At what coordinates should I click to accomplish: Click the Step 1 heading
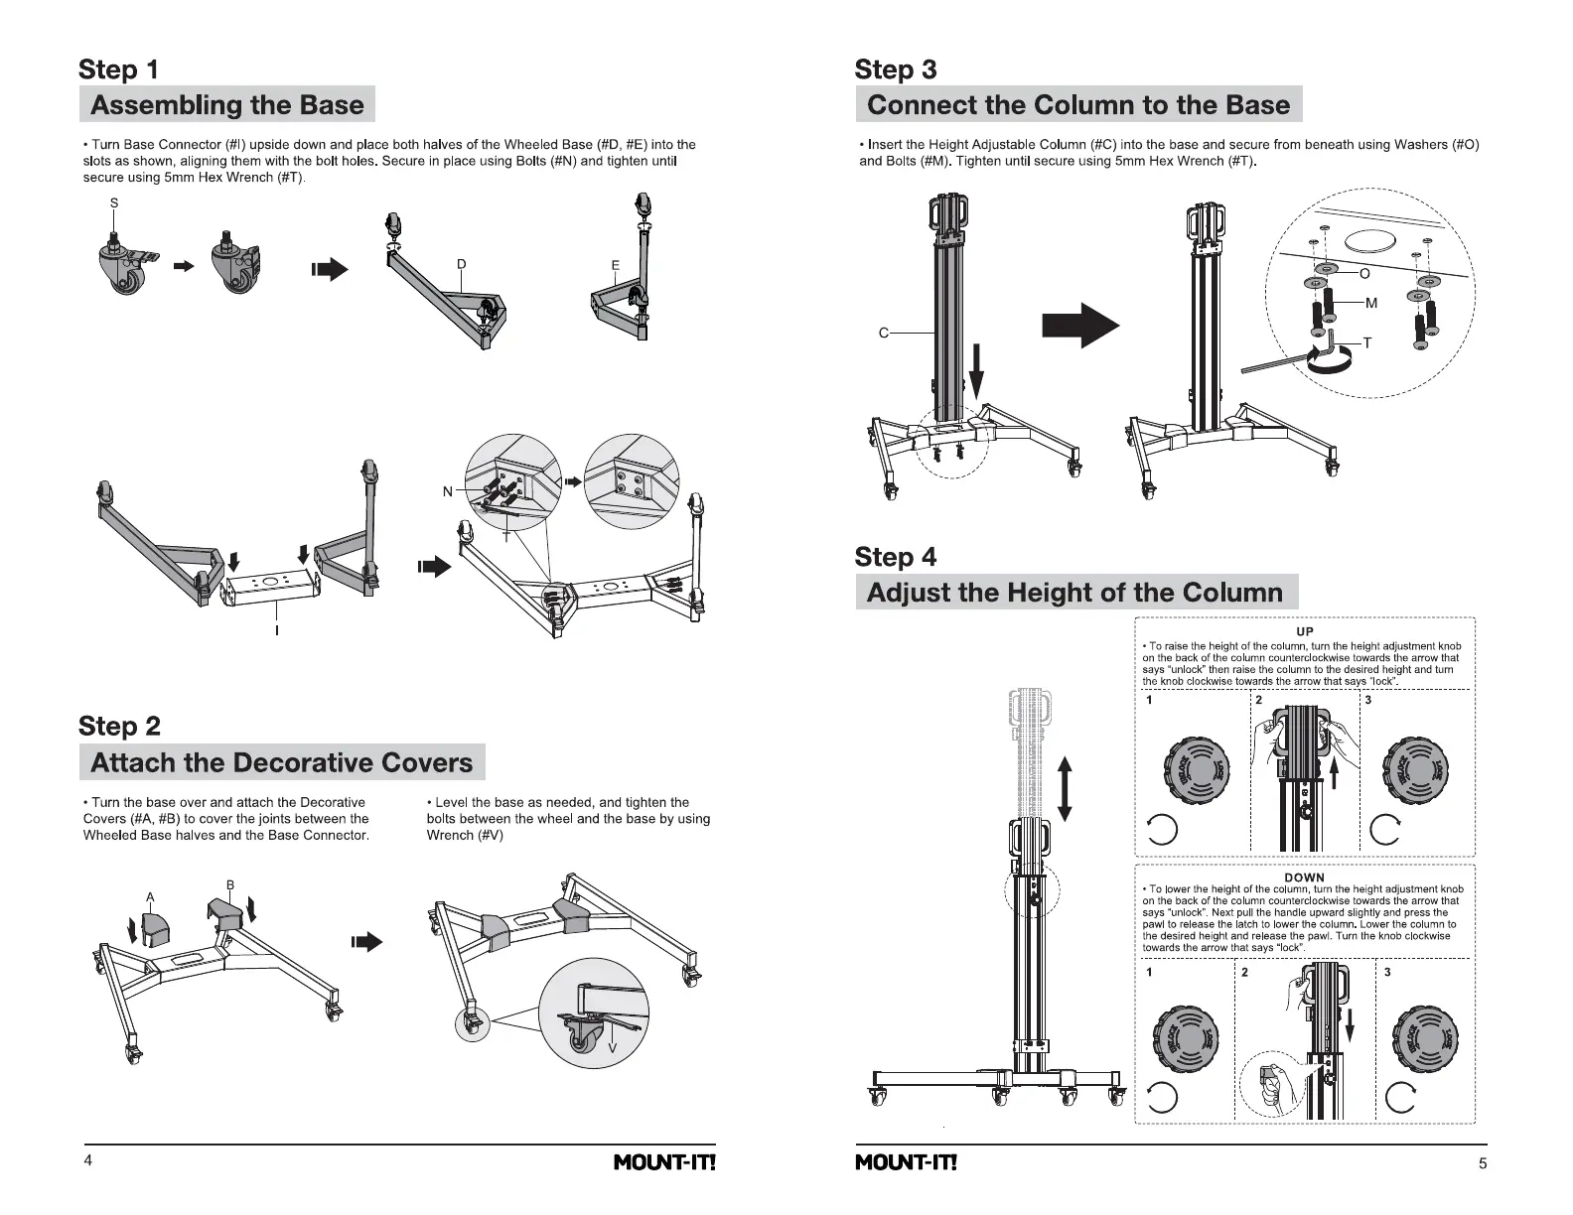click(118, 69)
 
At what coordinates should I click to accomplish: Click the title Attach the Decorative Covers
click(281, 762)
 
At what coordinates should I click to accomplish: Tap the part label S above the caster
click(114, 202)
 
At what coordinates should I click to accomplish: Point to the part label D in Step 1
click(461, 264)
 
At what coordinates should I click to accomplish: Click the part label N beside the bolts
click(448, 491)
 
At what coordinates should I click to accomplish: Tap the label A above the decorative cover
click(150, 897)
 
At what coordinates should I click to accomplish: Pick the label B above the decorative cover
click(229, 884)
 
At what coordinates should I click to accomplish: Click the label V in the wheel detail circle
click(612, 1048)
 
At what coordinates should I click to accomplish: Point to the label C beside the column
click(883, 333)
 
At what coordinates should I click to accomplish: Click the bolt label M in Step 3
click(1371, 303)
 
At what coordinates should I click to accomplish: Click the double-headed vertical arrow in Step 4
click(1066, 788)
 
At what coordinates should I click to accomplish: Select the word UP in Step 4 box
click(1305, 631)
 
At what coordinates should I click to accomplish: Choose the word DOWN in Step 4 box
click(1305, 877)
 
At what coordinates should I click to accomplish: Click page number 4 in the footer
click(88, 1162)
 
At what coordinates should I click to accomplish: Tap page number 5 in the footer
click(1483, 1163)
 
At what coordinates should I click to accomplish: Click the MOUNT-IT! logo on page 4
click(664, 1162)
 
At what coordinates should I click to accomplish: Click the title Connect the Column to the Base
click(1077, 105)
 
